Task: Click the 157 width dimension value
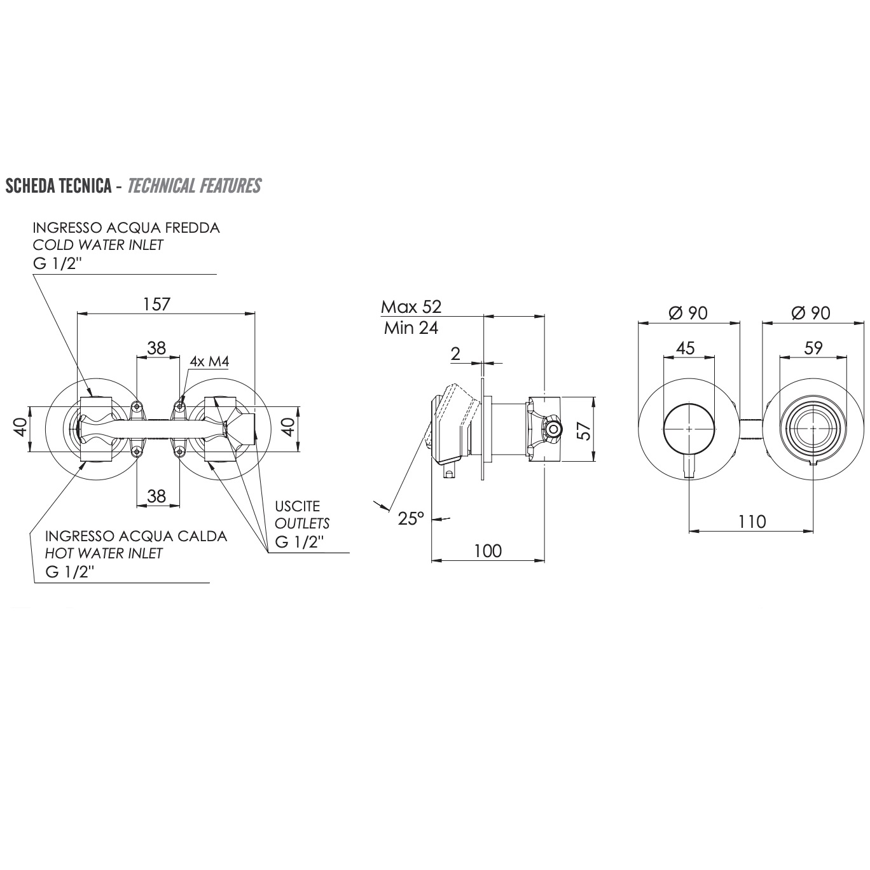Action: click(x=156, y=304)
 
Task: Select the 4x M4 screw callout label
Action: click(x=209, y=361)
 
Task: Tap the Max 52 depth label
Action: click(x=411, y=307)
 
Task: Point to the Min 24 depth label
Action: click(x=411, y=328)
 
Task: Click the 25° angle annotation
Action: click(x=411, y=518)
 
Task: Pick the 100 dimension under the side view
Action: click(x=488, y=551)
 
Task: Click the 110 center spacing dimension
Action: click(x=752, y=521)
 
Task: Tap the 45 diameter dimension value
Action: click(x=685, y=348)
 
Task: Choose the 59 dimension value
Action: click(x=813, y=348)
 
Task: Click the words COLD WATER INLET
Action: click(x=98, y=245)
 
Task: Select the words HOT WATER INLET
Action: click(x=104, y=553)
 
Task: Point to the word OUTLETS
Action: click(x=302, y=523)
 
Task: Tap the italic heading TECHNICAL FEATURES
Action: click(x=194, y=186)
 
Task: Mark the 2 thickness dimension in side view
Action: click(x=455, y=354)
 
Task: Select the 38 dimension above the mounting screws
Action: click(x=156, y=348)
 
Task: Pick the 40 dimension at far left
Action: click(x=20, y=427)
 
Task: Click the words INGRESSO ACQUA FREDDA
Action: click(x=126, y=228)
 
